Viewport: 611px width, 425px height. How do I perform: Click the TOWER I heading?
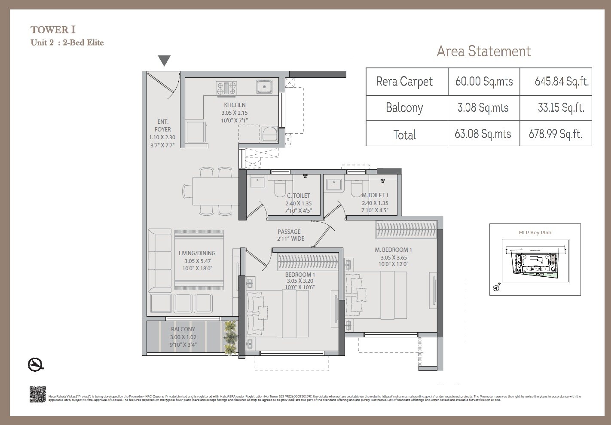click(53, 30)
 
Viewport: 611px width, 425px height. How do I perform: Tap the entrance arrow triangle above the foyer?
click(164, 61)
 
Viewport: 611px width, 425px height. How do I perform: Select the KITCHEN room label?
click(235, 105)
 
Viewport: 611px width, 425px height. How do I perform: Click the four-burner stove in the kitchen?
click(226, 88)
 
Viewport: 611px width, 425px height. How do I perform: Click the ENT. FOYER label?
click(162, 125)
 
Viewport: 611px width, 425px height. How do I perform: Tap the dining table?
click(215, 191)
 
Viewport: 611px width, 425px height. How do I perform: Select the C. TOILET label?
click(298, 196)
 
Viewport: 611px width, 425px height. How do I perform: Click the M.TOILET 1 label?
click(375, 195)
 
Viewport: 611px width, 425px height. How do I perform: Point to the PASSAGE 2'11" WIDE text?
click(290, 235)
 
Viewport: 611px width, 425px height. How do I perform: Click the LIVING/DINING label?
click(197, 253)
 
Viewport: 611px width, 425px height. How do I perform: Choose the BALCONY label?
click(183, 329)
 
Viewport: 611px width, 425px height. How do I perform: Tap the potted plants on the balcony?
click(230, 338)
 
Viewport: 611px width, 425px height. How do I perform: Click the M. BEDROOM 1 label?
click(393, 250)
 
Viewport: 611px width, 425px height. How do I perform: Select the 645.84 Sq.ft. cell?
click(561, 81)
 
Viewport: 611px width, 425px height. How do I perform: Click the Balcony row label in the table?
click(404, 107)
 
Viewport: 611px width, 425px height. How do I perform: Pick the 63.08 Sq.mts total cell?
click(483, 134)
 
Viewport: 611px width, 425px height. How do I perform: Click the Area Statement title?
click(484, 51)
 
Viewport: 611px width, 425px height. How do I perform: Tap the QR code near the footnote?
click(38, 394)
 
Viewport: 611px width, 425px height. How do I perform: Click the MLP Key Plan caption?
click(535, 232)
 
